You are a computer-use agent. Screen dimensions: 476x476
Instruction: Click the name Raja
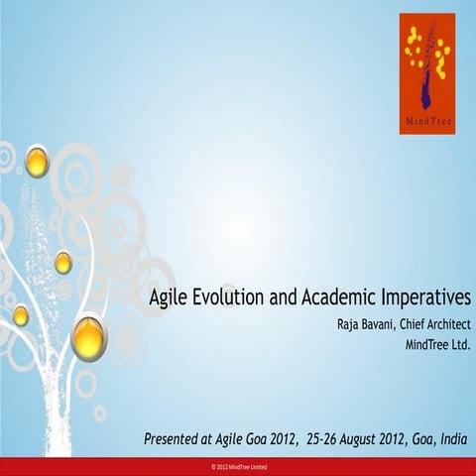[349, 325]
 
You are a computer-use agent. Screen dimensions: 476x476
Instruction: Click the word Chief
[415, 325]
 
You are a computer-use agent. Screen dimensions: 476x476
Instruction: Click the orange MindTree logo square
[426, 73]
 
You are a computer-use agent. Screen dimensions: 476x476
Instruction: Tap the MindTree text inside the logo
[426, 123]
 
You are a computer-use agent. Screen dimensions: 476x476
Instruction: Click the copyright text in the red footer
[238, 466]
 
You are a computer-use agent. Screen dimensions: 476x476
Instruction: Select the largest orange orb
[89, 338]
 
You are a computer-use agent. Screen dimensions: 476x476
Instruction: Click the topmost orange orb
[37, 161]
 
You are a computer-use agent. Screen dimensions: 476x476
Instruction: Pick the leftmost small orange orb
[21, 315]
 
